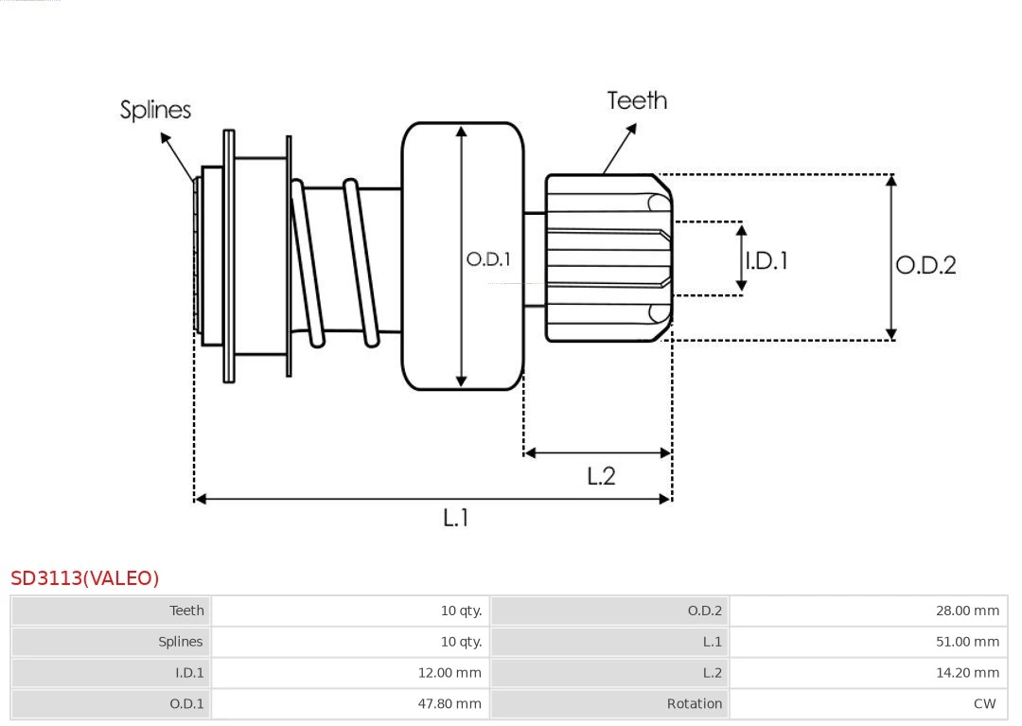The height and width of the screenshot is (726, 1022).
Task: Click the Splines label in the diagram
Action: pyautogui.click(x=155, y=110)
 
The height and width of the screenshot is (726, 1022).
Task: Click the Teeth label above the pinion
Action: pyautogui.click(x=637, y=100)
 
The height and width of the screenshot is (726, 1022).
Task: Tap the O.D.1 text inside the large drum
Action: pyautogui.click(x=488, y=258)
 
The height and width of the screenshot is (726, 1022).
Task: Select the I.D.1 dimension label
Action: pyautogui.click(x=766, y=260)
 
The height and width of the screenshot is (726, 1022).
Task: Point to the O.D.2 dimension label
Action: pyautogui.click(x=925, y=265)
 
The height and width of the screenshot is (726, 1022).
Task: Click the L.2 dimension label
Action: pyautogui.click(x=601, y=475)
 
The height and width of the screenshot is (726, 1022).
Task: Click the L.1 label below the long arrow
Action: pyautogui.click(x=456, y=518)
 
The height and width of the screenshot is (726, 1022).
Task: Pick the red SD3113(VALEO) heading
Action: pyautogui.click(x=85, y=578)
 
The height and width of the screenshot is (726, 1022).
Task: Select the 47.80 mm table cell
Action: pyautogui.click(x=449, y=703)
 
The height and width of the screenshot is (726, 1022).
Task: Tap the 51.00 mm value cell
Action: pyautogui.click(x=967, y=642)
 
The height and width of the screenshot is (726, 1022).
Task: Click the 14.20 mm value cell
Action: pyautogui.click(x=967, y=673)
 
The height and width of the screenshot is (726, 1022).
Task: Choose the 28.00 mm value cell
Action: pyautogui.click(x=967, y=611)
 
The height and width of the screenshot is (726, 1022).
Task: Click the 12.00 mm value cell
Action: pyautogui.click(x=449, y=673)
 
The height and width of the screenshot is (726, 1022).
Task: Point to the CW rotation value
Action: pyautogui.click(x=984, y=703)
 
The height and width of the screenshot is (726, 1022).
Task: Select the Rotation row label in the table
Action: pyautogui.click(x=694, y=703)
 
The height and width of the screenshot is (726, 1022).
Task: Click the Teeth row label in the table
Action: pyautogui.click(x=186, y=611)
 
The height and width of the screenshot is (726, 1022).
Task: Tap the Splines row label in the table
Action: pyautogui.click(x=180, y=642)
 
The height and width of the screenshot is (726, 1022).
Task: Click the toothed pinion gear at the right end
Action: pyautogui.click(x=608, y=257)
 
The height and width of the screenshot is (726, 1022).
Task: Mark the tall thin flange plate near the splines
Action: pyautogui.click(x=229, y=256)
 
